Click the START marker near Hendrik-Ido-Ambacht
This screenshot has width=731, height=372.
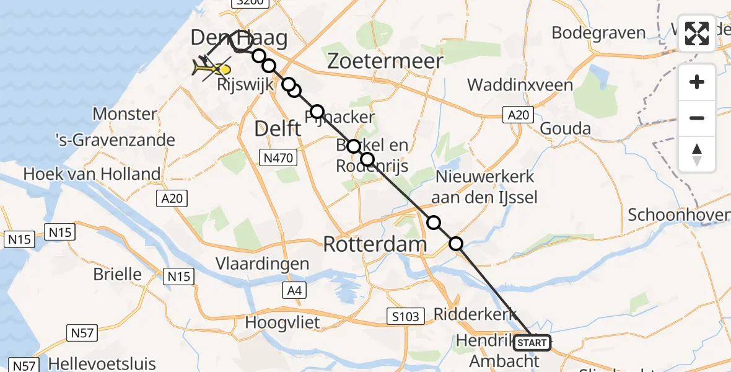[x=532, y=342]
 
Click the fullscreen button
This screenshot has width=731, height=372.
[x=697, y=33]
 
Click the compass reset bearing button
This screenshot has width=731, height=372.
[x=697, y=154]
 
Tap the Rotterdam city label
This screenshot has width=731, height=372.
[x=375, y=244]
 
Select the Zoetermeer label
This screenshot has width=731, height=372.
[x=385, y=61]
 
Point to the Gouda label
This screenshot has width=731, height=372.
[x=566, y=129]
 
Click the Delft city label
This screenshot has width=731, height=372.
[x=278, y=129]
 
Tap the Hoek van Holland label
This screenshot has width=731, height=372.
[x=92, y=174]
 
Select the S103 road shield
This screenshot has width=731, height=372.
[x=406, y=316]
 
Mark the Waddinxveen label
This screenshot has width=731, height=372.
[x=520, y=84]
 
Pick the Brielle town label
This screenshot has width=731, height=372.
[x=118, y=274]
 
